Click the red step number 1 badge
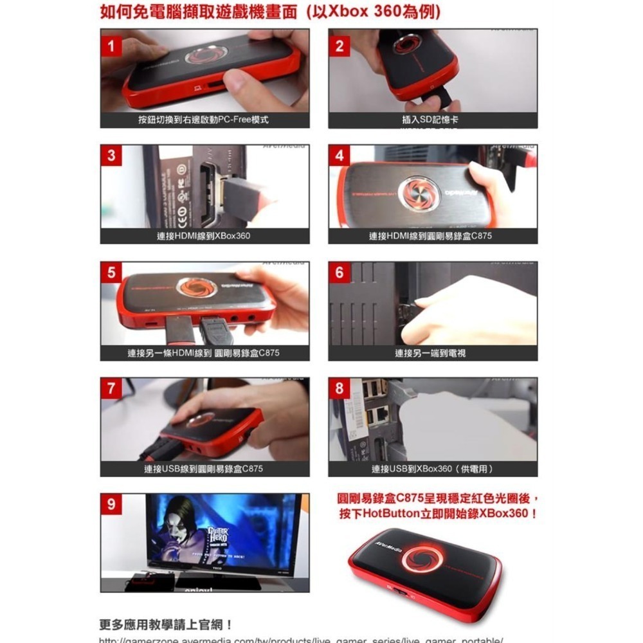(x=111, y=46)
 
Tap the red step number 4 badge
(x=340, y=156)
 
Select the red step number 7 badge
(x=111, y=388)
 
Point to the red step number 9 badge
(x=111, y=505)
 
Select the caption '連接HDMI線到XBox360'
(x=204, y=236)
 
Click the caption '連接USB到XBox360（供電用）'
(x=432, y=469)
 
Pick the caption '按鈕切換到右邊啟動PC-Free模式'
(x=204, y=120)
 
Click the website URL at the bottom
(x=299, y=640)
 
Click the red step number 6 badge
(x=340, y=273)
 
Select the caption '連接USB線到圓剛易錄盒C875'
(x=204, y=469)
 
